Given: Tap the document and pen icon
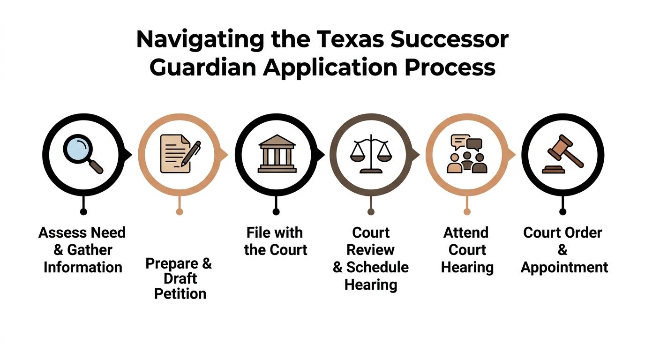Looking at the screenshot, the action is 180,153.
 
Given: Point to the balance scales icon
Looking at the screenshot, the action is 371,153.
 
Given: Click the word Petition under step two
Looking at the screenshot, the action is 180,294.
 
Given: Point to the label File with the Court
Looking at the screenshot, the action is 275,241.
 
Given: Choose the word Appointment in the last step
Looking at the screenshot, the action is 564,268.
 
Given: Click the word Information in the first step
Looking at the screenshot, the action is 83,268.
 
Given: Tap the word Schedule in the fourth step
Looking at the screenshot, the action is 377,268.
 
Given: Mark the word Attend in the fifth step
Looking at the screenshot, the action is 466,232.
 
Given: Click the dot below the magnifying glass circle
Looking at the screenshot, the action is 83,212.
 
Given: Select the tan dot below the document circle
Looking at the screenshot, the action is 180,212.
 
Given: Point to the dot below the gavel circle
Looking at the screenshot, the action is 563,212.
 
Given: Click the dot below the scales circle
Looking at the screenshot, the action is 371,212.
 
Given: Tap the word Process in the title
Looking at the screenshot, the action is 450,67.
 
